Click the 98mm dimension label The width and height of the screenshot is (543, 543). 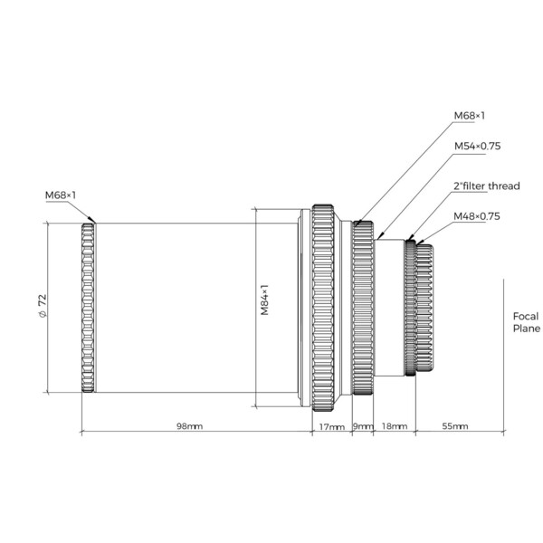(189, 426)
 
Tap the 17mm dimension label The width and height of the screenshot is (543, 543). (331, 426)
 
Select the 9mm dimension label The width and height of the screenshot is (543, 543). (362, 426)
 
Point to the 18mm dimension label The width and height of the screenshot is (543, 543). (395, 426)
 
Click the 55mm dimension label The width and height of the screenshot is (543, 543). (455, 426)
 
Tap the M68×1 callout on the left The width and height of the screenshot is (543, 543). (61, 195)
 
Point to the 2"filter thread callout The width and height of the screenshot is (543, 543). (486, 186)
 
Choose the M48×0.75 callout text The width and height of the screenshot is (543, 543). (477, 216)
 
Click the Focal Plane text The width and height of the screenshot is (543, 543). (526, 322)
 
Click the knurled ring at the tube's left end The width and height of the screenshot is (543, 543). (88, 308)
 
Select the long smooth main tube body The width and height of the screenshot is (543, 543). (195, 308)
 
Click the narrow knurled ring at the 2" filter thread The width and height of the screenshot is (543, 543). (411, 308)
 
